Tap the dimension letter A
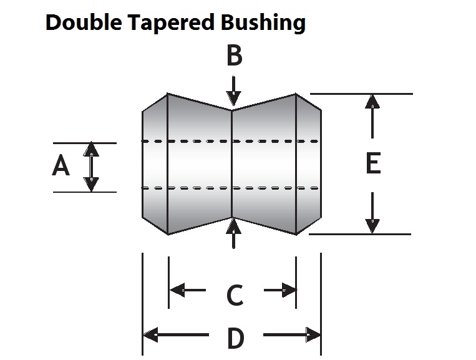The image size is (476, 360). (61, 167)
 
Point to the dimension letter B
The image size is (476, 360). (234, 56)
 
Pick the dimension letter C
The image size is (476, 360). (235, 295)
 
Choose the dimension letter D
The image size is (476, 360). (235, 339)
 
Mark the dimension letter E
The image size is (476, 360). (372, 164)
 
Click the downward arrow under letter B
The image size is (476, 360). (233, 91)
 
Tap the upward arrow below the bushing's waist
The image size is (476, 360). (233, 233)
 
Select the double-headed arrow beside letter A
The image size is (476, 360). (92, 167)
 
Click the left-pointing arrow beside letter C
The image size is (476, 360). (187, 290)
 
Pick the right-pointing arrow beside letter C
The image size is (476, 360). (281, 290)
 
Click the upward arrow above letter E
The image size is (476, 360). (372, 115)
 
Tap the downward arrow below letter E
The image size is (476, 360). (372, 212)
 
